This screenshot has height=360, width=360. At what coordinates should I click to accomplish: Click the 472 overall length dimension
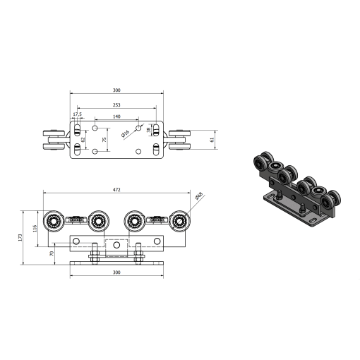[x=116, y=190]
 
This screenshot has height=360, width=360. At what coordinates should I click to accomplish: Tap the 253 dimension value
[x=116, y=105]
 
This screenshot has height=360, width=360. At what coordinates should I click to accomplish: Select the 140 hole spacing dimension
[x=116, y=116]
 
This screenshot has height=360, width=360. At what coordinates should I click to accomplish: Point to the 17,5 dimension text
[x=78, y=114]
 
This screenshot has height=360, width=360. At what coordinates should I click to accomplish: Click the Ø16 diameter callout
[x=126, y=133]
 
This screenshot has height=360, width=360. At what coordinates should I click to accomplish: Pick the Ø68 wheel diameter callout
[x=199, y=196]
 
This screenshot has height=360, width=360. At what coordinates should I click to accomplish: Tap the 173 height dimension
[x=20, y=237]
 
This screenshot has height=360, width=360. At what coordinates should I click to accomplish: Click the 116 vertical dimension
[x=35, y=229]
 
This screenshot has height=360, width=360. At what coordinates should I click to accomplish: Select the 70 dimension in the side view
[x=52, y=253]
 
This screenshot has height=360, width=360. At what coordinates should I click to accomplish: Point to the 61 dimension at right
[x=212, y=140]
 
